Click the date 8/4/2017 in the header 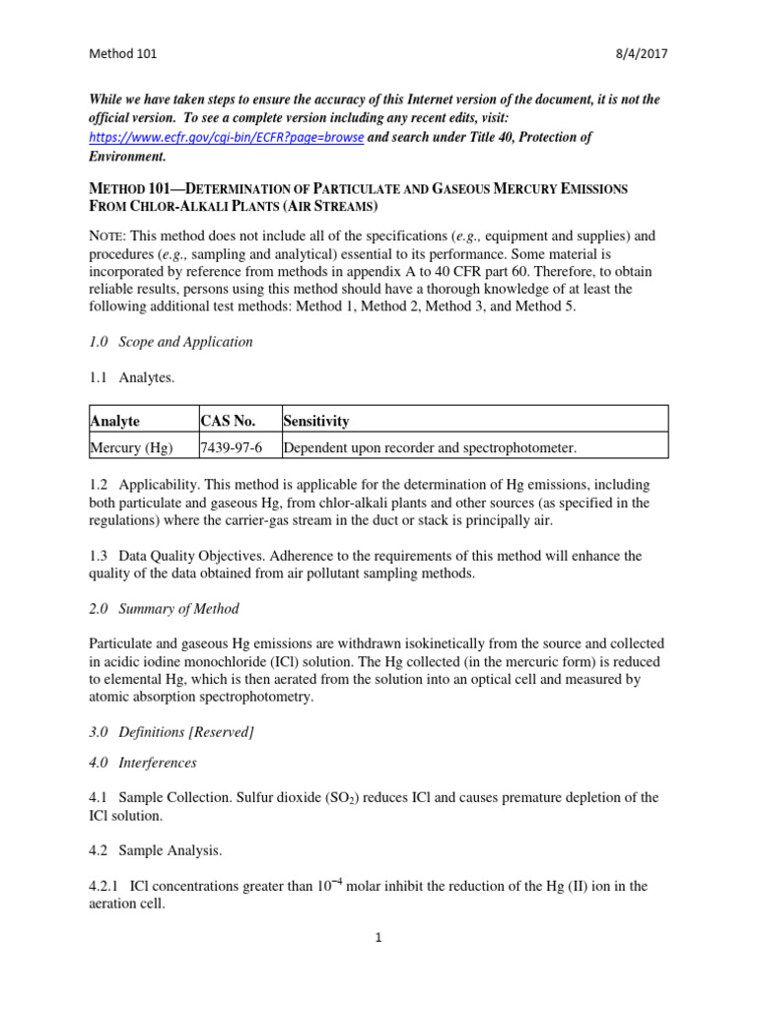coord(642,54)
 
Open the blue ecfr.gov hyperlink coord(226,137)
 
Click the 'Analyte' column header coord(114,421)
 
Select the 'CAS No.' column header coord(228,421)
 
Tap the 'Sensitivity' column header coord(315,421)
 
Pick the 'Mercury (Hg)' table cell coord(130,447)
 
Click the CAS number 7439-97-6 coord(231,447)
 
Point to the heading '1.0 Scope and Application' coord(171,342)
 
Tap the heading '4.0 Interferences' coord(143,763)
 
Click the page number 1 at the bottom coord(378,937)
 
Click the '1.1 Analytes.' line coord(133,377)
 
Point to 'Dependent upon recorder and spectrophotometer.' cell coord(429,447)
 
